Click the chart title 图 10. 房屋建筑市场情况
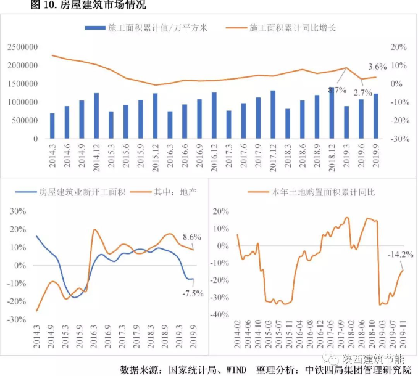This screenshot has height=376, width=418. tap(89, 6)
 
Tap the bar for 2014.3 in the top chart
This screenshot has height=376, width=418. tap(52, 126)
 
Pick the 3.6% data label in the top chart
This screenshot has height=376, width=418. tap(377, 66)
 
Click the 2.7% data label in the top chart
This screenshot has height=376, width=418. tap(363, 92)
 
